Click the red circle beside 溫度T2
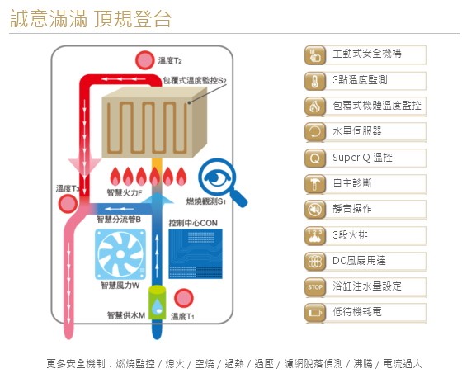[144, 60]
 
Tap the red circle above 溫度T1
[183, 298]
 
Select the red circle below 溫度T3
[68, 204]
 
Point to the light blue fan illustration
[120, 254]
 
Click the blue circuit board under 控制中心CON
[196, 254]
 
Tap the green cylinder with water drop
[157, 302]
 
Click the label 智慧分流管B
[119, 220]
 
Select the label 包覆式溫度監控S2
[195, 81]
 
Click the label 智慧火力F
[125, 193]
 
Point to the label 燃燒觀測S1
[206, 201]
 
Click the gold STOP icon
[315, 287]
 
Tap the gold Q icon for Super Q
[315, 158]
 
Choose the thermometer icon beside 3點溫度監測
[315, 81]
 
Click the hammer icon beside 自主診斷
[315, 184]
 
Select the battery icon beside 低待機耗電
[315, 313]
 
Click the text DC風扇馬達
[359, 260]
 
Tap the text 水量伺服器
[357, 131]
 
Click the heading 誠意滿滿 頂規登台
[91, 19]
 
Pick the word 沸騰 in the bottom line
[363, 364]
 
